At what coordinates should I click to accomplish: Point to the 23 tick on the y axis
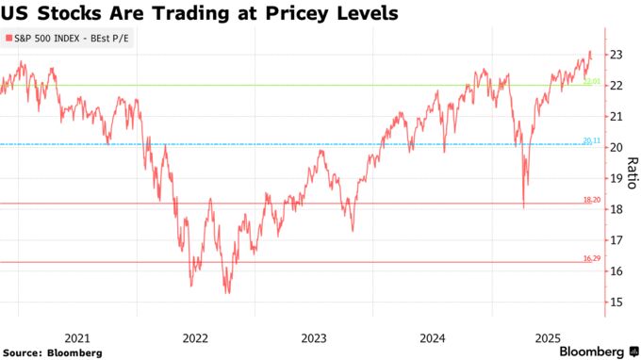616,55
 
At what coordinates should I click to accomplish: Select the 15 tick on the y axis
616,303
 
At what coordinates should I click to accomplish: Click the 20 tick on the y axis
616,148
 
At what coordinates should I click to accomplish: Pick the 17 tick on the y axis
616,240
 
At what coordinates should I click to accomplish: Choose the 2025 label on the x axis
550,336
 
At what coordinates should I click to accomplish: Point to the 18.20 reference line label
591,200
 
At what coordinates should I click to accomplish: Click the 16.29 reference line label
591,258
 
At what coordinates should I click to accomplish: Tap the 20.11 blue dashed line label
591,140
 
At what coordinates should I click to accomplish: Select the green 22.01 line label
591,82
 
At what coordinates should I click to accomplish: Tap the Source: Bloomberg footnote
53,352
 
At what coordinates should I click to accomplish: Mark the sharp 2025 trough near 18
523,206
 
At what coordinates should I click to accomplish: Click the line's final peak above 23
590,52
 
